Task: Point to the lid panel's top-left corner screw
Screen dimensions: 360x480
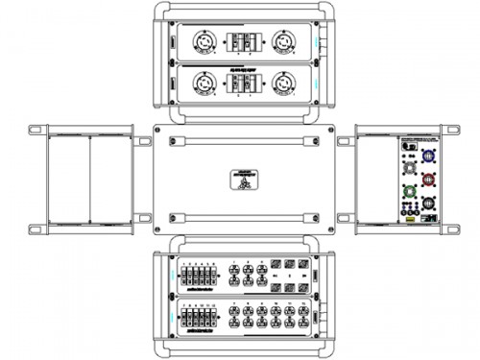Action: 172,140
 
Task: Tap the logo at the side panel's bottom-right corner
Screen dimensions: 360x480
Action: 432,220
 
